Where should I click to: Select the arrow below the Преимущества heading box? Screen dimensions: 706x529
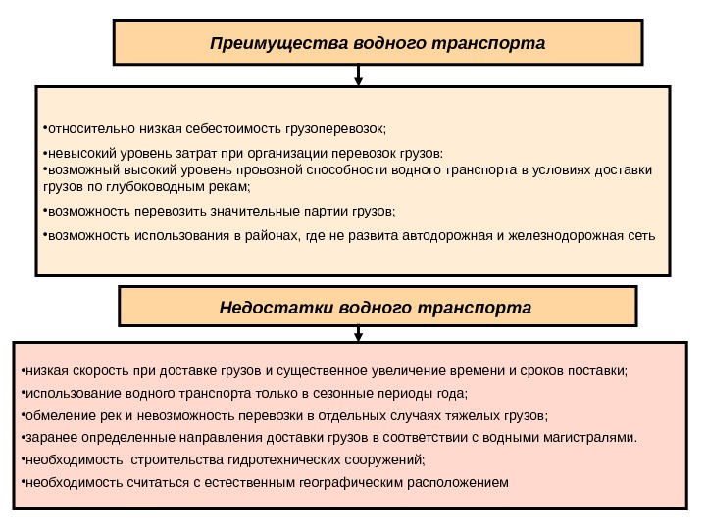tap(359, 74)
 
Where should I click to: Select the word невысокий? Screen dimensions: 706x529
tap(78, 154)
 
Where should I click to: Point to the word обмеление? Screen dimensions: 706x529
tap(57, 416)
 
